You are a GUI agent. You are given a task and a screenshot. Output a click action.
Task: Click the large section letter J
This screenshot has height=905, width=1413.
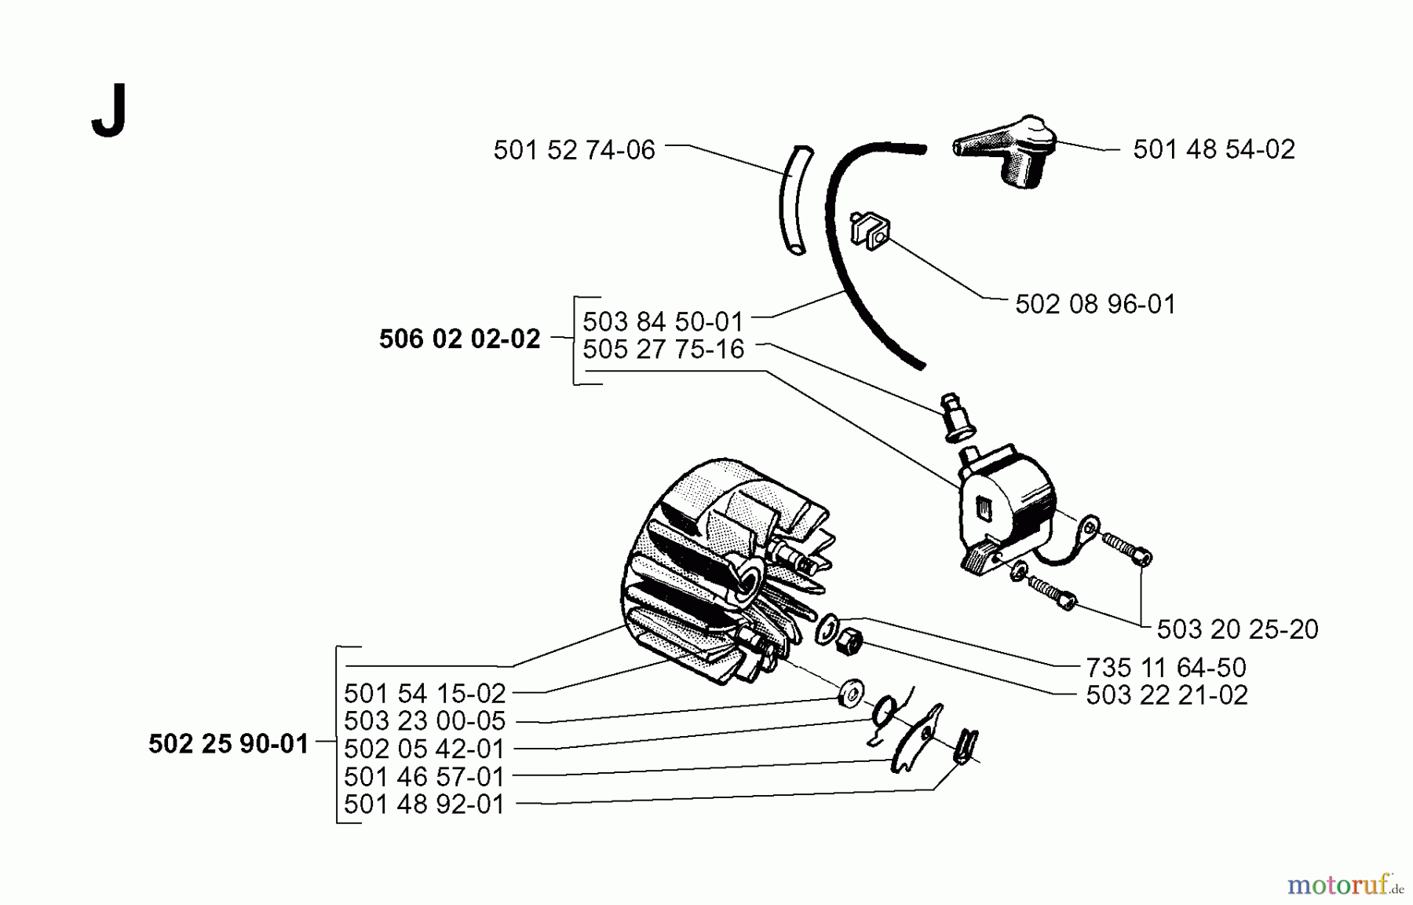click(109, 113)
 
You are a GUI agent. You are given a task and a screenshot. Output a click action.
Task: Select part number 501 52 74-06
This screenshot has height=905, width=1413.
click(574, 150)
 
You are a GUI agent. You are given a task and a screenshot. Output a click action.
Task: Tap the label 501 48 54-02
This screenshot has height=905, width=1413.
click(1214, 148)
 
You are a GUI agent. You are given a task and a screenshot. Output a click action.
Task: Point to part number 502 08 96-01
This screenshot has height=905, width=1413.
click(1095, 304)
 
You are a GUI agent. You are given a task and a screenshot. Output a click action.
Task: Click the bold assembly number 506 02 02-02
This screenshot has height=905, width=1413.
click(459, 339)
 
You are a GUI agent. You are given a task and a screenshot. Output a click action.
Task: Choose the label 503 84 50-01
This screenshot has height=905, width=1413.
click(663, 321)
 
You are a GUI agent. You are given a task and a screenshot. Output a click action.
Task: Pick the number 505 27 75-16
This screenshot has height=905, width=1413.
click(663, 349)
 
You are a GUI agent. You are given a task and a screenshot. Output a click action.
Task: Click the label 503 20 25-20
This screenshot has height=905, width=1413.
click(1237, 629)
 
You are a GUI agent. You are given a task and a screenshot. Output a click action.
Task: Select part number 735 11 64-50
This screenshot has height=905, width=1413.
click(1166, 668)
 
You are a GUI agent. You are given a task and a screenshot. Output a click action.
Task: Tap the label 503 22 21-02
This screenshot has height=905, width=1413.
click(1167, 695)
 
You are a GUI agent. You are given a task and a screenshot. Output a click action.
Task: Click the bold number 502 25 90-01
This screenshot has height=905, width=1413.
click(228, 744)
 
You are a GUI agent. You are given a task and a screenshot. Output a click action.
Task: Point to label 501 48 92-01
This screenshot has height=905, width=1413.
click(424, 804)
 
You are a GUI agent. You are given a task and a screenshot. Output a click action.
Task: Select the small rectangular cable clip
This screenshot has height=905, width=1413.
click(871, 231)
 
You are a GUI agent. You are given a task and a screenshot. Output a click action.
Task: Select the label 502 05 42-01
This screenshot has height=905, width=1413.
click(424, 749)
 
